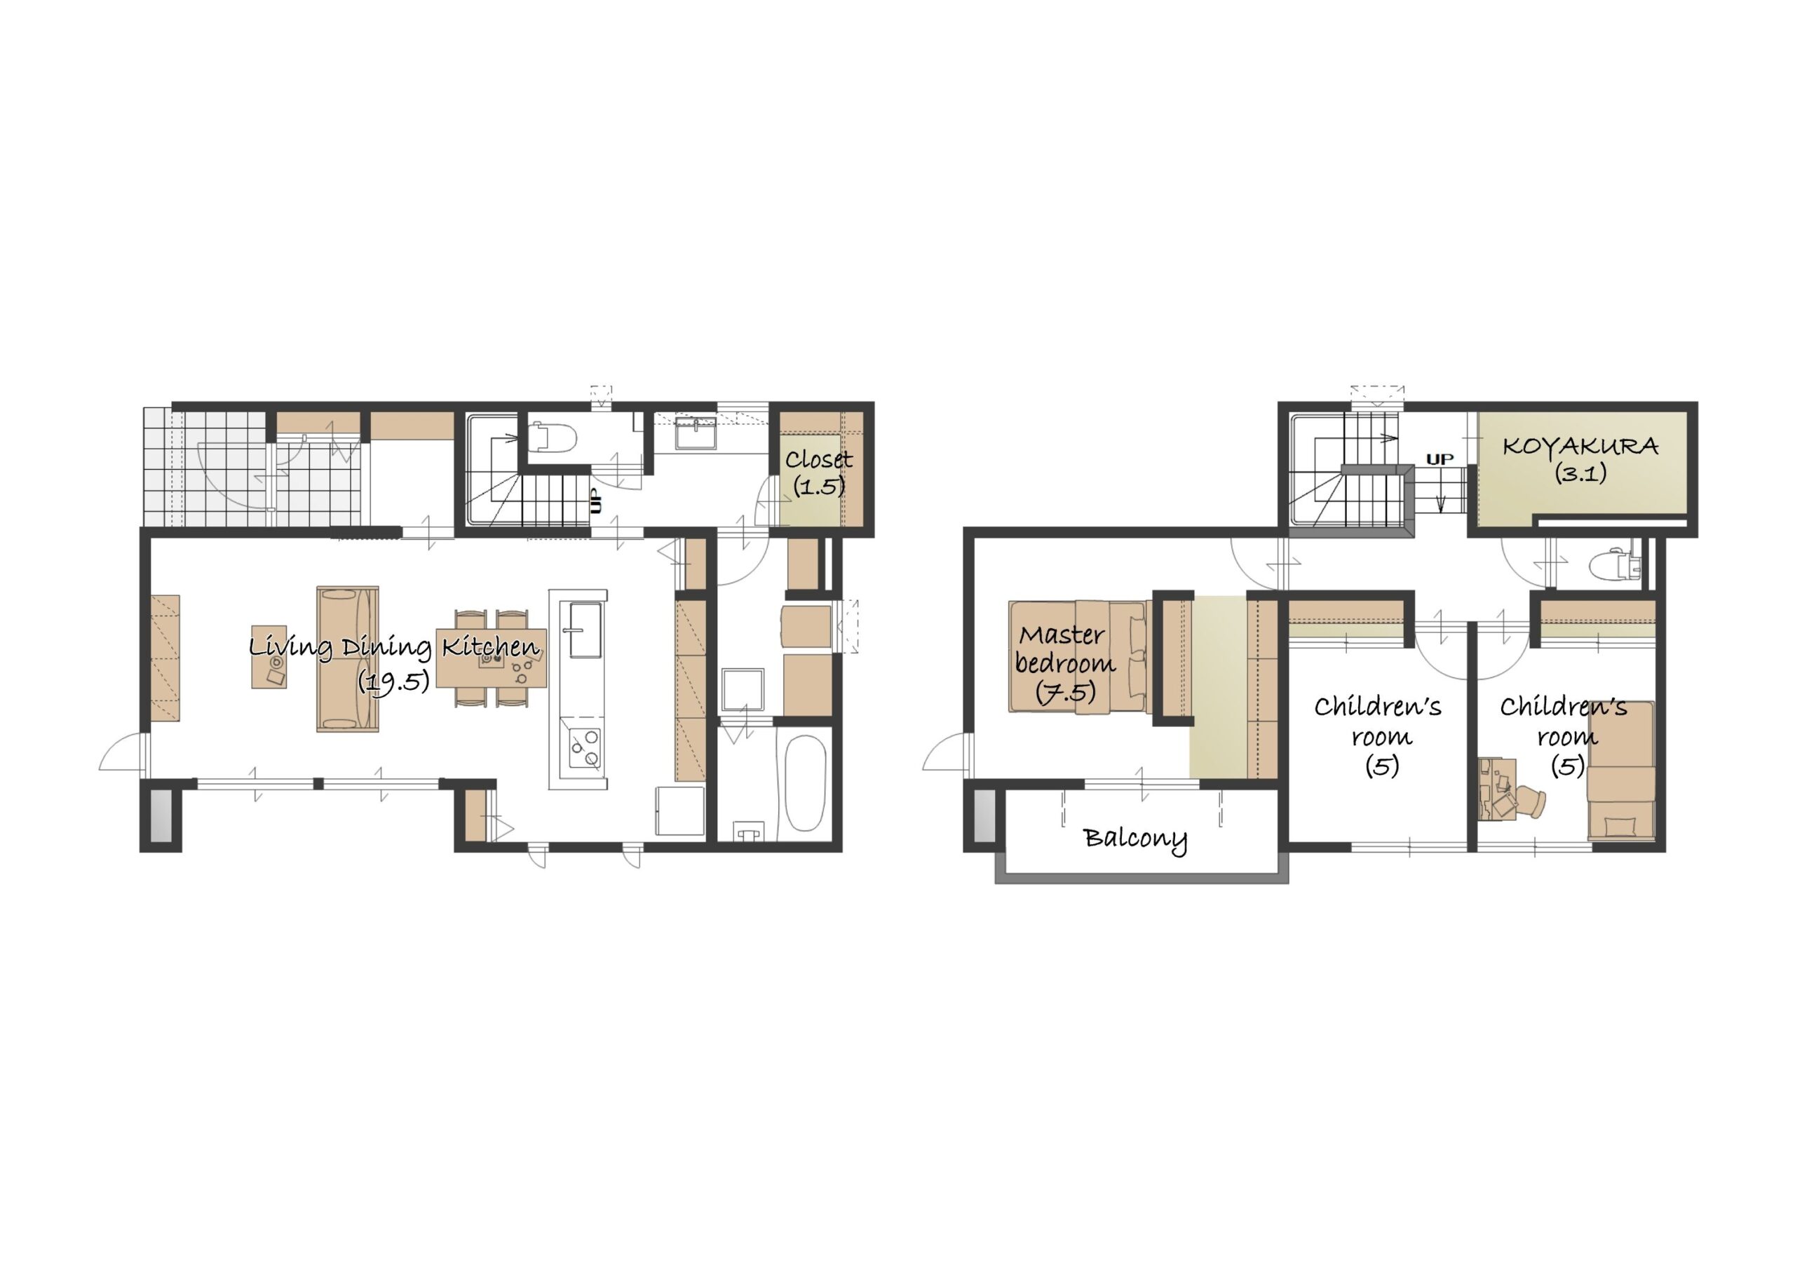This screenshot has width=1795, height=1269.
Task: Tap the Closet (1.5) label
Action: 818,473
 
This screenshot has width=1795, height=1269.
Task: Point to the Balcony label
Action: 1135,839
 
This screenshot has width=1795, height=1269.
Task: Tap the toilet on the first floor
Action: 553,438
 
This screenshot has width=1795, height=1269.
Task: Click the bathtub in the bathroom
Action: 804,782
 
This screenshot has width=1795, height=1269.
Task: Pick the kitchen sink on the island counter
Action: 585,630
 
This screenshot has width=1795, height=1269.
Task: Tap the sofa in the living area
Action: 348,659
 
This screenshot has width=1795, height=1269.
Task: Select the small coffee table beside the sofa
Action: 269,657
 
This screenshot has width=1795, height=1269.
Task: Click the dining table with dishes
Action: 491,658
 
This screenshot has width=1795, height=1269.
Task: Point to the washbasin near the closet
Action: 695,433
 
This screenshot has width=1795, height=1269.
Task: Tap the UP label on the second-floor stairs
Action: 1440,459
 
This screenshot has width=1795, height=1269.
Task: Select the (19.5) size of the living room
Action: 394,681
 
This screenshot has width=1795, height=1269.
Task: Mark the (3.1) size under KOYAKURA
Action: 1580,473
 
